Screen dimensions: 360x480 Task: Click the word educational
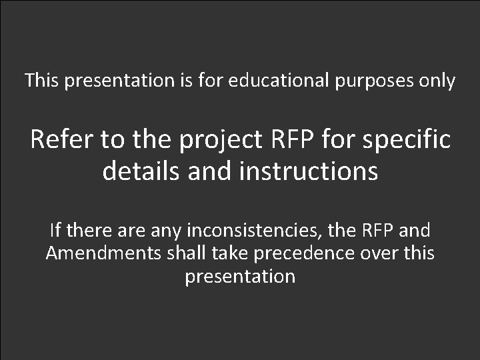[278, 81]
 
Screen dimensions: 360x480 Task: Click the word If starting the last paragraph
[55, 231]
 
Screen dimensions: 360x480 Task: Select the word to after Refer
[114, 141]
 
